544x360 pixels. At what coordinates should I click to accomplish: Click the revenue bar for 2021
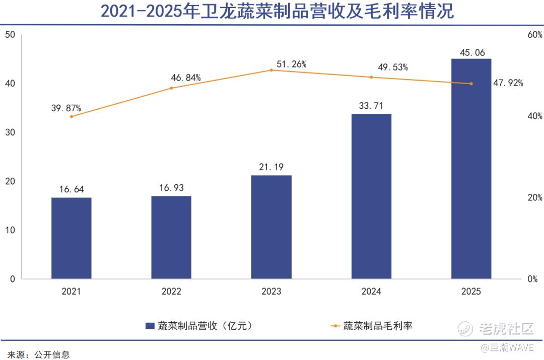click(x=72, y=238)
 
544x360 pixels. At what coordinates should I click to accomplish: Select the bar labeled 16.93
click(x=171, y=237)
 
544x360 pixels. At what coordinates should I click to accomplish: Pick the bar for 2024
click(x=371, y=196)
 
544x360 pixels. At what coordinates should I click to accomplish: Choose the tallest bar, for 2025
click(x=471, y=168)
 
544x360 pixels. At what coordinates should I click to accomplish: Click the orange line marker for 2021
click(x=72, y=116)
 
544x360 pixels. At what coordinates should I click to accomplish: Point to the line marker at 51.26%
click(x=271, y=70)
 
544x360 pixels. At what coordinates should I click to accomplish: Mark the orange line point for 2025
click(x=471, y=84)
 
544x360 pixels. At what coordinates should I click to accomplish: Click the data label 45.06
click(x=472, y=52)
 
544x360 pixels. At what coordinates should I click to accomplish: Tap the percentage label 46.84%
click(x=186, y=78)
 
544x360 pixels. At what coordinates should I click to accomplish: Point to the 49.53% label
click(x=392, y=67)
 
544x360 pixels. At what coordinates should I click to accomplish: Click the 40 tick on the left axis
click(x=11, y=84)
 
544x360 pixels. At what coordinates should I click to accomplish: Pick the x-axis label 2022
click(x=171, y=292)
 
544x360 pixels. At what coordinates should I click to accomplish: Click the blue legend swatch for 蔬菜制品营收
click(x=150, y=326)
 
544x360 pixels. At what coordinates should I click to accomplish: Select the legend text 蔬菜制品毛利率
click(x=378, y=326)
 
